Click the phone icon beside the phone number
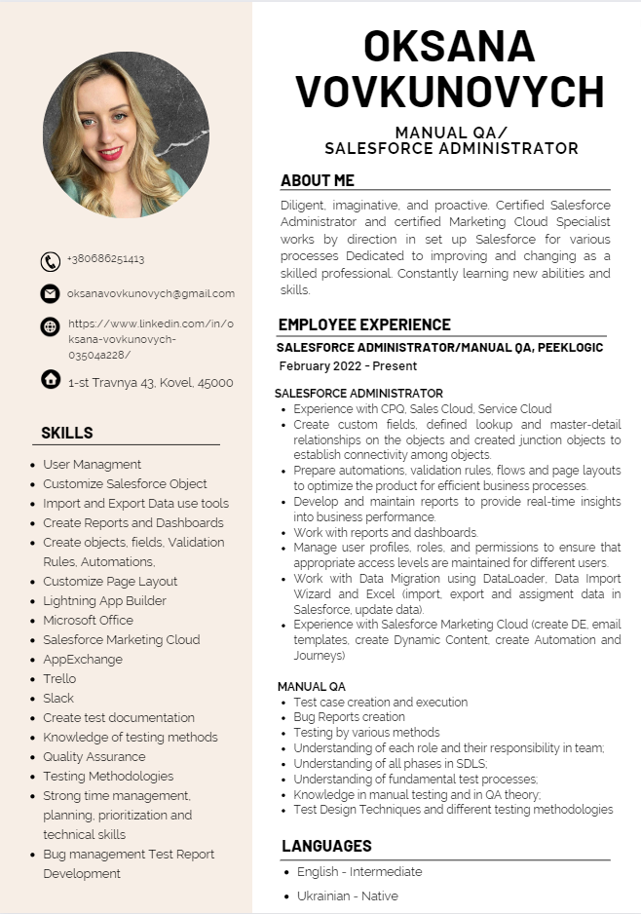pyautogui.click(x=51, y=261)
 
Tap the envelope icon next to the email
pyautogui.click(x=51, y=293)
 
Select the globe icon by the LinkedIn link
pyautogui.click(x=51, y=326)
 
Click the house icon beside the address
pyautogui.click(x=51, y=379)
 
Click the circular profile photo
pyautogui.click(x=126, y=134)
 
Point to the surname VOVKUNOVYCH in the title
pyautogui.click(x=449, y=92)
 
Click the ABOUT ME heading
pyautogui.click(x=318, y=180)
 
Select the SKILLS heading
pyautogui.click(x=67, y=433)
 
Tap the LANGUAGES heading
pyautogui.click(x=326, y=846)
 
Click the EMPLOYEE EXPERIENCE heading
pyautogui.click(x=364, y=324)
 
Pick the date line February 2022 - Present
pyautogui.click(x=348, y=366)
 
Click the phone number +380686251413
pyautogui.click(x=105, y=259)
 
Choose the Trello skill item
pyautogui.click(x=59, y=678)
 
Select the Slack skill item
pyautogui.click(x=58, y=698)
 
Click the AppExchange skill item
pyautogui.click(x=82, y=659)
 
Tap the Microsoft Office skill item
pyautogui.click(x=88, y=620)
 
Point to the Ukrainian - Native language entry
pyautogui.click(x=348, y=895)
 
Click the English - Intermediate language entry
pyautogui.click(x=359, y=872)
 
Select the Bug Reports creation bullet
pyautogui.click(x=349, y=717)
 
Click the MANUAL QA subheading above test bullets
pyautogui.click(x=312, y=686)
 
